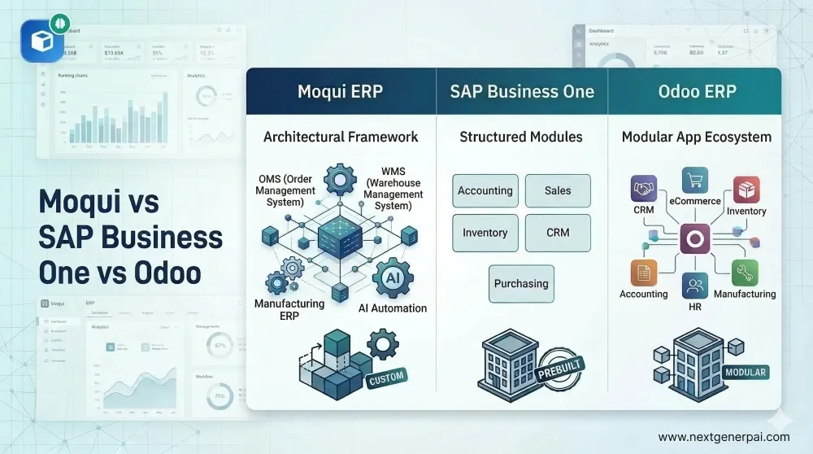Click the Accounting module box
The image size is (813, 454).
(485, 190)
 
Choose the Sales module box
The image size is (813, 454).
(558, 190)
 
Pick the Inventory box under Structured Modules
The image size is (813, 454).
(485, 233)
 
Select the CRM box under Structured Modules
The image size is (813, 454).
(558, 233)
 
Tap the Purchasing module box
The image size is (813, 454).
(521, 284)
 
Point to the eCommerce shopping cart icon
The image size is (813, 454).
(695, 181)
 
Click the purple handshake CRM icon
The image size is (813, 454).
(645, 189)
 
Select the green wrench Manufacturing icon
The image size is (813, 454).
(745, 272)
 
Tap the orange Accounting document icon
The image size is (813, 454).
(643, 273)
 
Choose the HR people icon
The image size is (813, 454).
(695, 286)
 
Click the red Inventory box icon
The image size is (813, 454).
(746, 190)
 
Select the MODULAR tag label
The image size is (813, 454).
(745, 373)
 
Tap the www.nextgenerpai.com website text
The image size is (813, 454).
(724, 437)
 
